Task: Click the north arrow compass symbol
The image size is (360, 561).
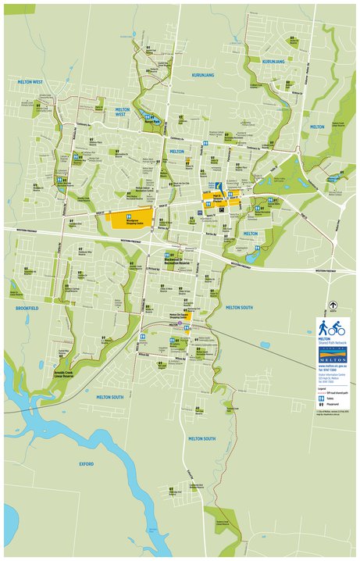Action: click(333, 306)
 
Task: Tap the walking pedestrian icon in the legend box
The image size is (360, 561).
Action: click(323, 327)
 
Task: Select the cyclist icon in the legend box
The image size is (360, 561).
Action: click(337, 327)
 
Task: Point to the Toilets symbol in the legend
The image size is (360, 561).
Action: click(321, 396)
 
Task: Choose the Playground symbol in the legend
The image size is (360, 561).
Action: click(321, 403)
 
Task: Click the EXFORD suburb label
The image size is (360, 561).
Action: click(86, 463)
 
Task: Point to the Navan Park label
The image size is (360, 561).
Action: click(151, 121)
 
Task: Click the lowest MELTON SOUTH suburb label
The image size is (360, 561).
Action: click(200, 439)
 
